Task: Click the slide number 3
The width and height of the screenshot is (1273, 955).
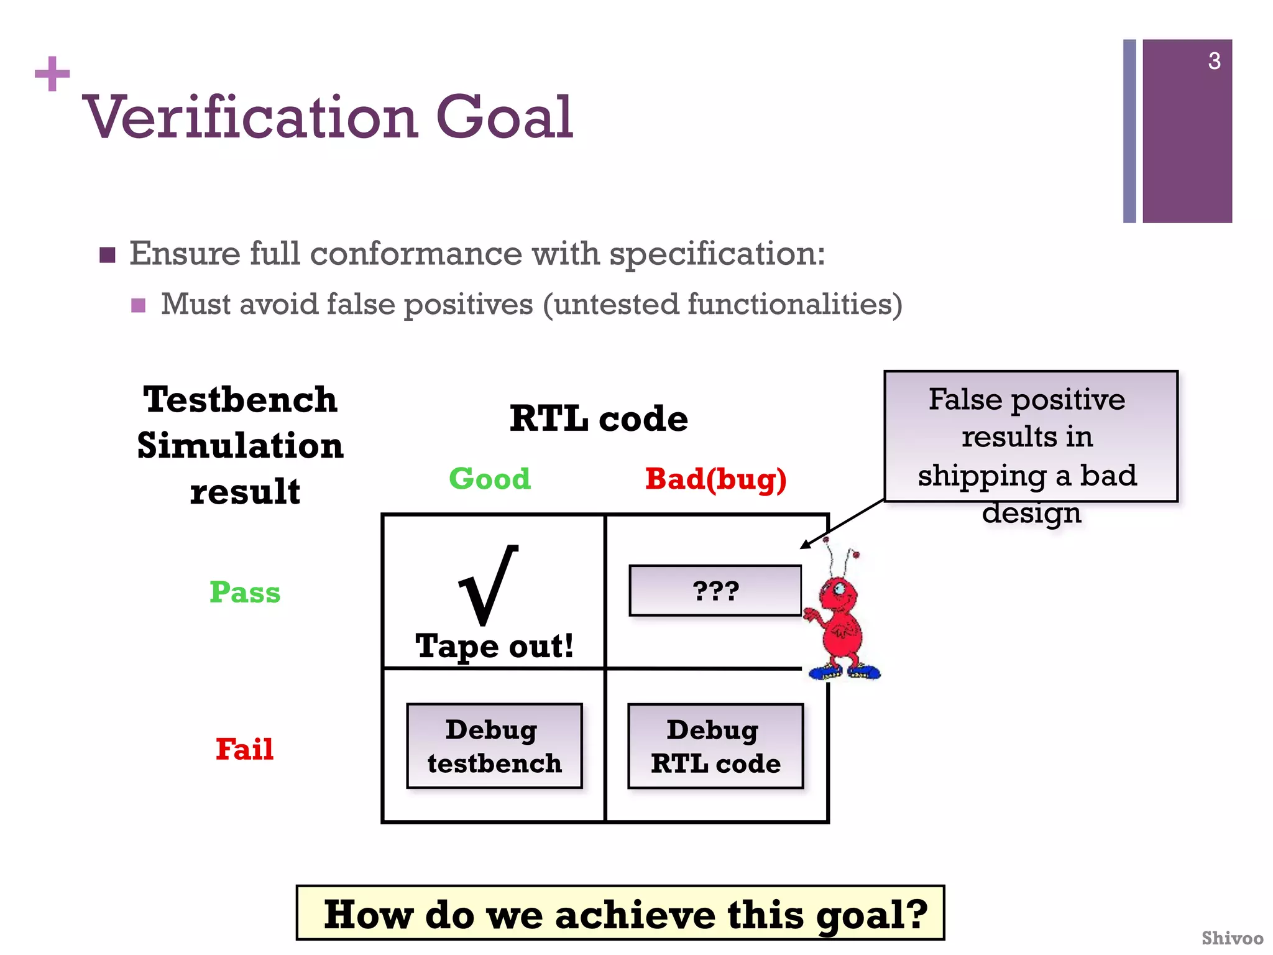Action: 1213,61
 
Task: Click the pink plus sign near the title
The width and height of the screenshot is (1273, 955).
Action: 52,74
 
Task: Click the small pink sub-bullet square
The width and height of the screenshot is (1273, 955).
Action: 139,305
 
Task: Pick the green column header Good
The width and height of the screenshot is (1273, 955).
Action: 490,479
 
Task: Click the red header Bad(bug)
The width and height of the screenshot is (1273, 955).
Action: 715,479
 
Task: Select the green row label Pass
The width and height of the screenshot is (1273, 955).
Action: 245,592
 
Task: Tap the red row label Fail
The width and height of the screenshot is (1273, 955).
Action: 244,749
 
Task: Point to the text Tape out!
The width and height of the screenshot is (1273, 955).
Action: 494,646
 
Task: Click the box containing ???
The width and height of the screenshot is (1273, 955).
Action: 715,591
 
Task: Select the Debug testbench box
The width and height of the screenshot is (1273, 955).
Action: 494,746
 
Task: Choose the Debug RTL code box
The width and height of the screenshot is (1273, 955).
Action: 715,746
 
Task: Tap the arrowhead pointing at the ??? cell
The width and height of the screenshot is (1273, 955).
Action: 806,545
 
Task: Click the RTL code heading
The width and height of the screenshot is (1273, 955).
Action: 599,418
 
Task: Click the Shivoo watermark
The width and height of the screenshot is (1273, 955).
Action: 1231,938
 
